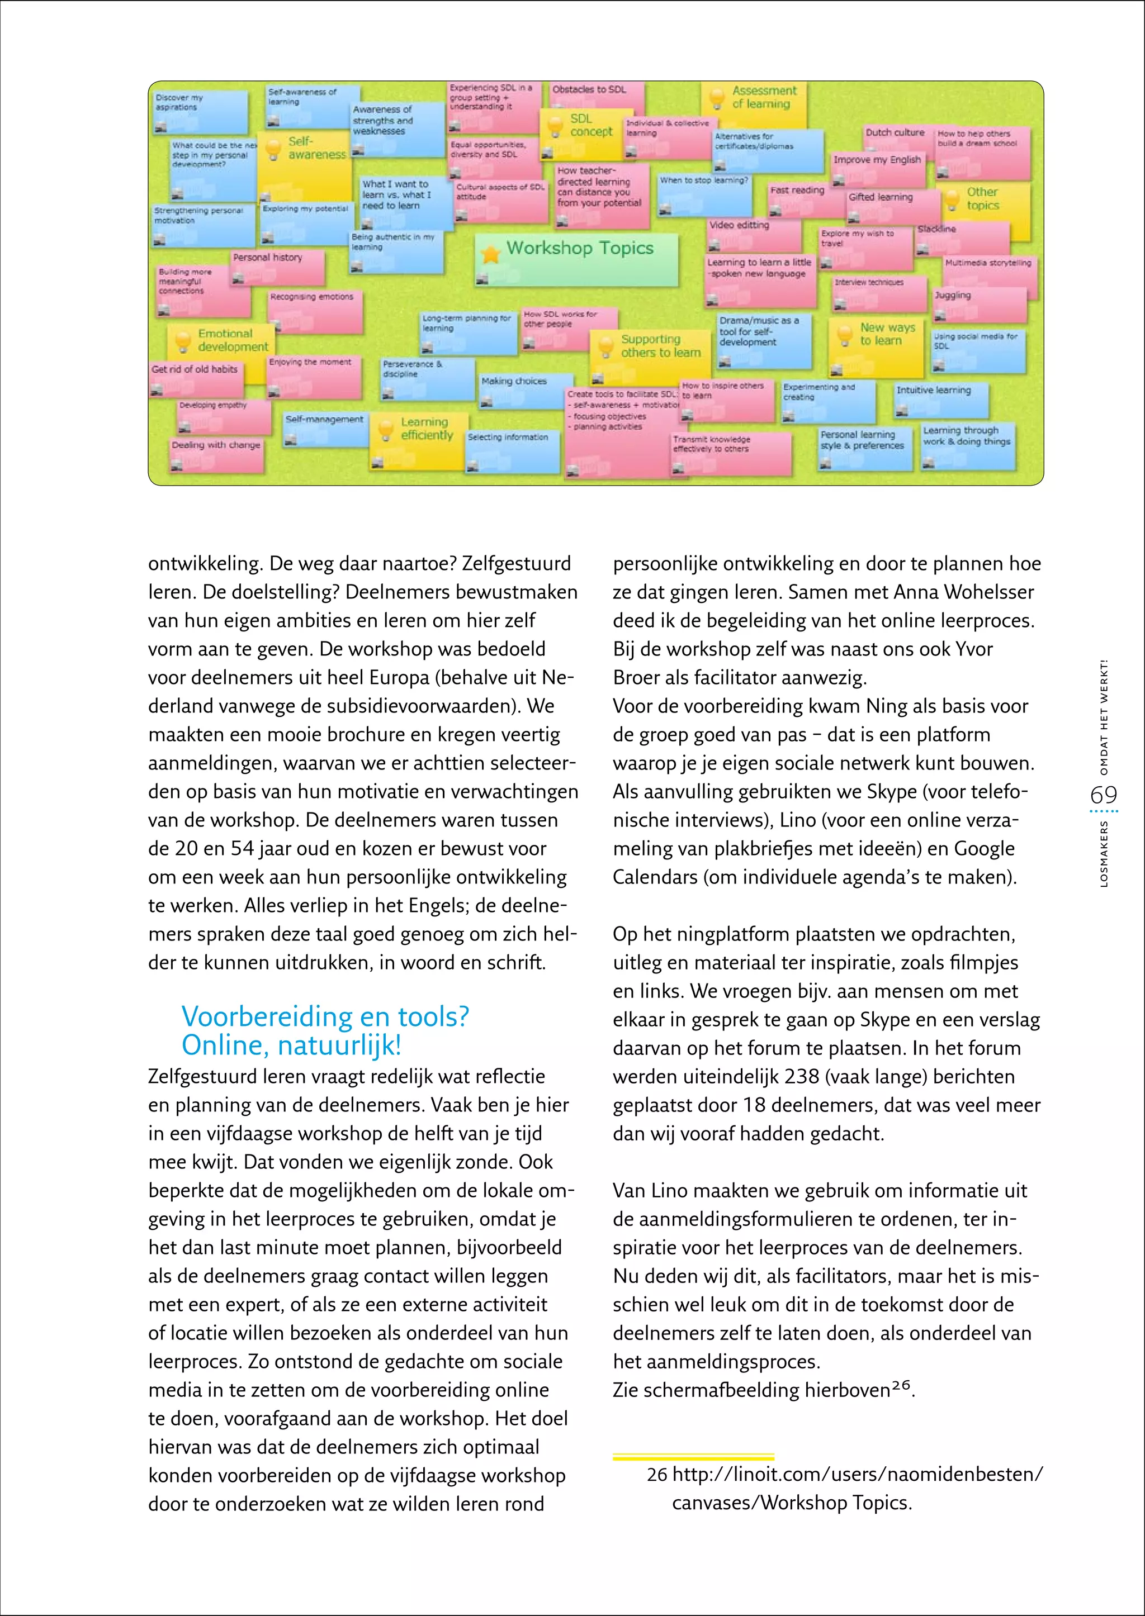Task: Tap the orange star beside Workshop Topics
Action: click(x=490, y=254)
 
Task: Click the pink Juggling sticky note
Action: click(x=980, y=305)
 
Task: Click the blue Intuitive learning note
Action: click(x=940, y=400)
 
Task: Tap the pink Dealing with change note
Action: click(x=216, y=454)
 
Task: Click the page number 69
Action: click(x=1104, y=795)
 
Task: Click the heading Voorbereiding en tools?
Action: click(x=325, y=1016)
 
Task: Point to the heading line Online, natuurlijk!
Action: click(x=291, y=1045)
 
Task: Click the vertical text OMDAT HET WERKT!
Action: click(x=1104, y=717)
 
